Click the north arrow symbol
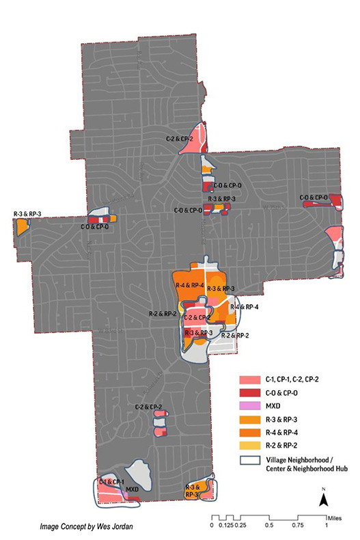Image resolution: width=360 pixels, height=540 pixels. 322,500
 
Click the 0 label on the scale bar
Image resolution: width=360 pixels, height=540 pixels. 212,526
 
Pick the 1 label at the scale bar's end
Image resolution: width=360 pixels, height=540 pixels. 327,526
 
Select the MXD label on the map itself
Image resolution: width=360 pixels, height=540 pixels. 133,489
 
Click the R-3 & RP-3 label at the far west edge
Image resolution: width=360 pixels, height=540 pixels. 27,214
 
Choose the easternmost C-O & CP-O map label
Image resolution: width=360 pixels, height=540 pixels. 315,197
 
